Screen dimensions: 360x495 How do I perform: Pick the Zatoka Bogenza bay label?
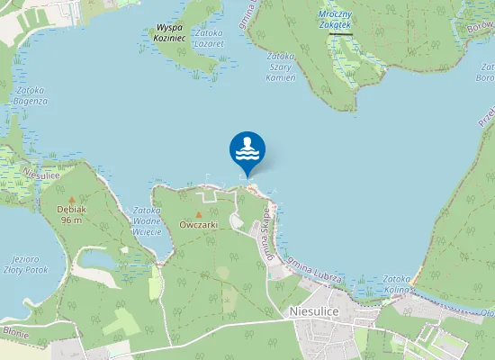click(31, 95)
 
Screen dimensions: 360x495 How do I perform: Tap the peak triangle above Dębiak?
click(72, 198)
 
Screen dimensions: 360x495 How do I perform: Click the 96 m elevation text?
click(72, 220)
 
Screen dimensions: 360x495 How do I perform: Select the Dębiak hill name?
click(72, 209)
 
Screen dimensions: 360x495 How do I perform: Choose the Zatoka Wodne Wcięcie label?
click(146, 221)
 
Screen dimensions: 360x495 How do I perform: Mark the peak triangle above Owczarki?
click(199, 214)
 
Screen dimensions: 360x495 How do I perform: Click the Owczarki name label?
click(199, 225)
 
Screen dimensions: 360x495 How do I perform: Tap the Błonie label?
click(15, 334)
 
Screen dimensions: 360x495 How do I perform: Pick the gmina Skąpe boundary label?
click(267, 232)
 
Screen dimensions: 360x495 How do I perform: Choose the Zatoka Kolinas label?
click(397, 284)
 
